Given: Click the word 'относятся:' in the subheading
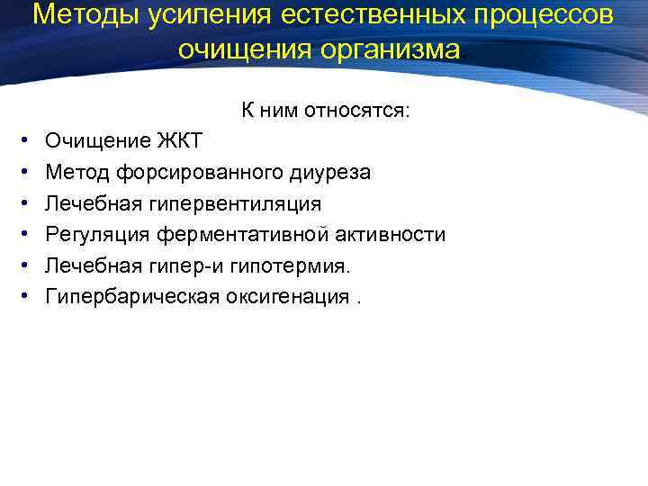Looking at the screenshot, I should click(x=356, y=111).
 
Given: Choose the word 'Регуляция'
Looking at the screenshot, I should click(x=98, y=235).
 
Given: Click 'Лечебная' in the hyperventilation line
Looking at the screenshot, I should click(x=86, y=203).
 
